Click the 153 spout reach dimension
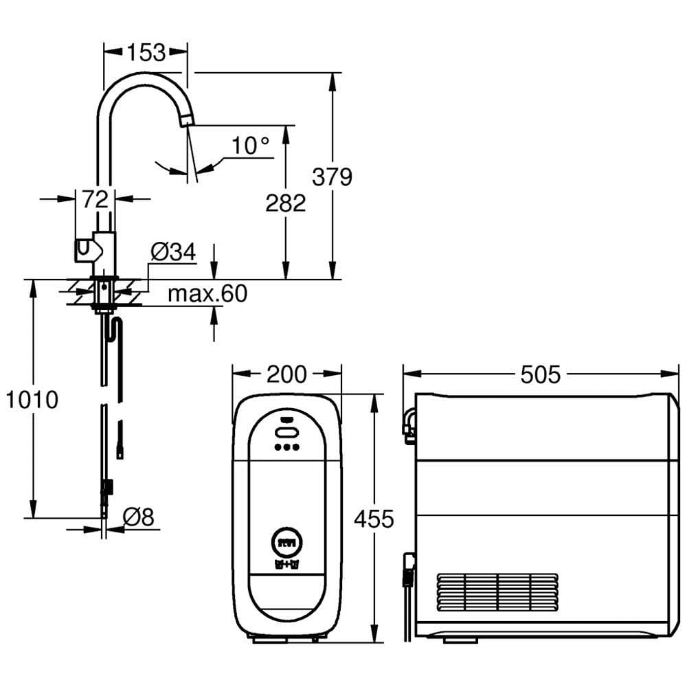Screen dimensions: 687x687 pyautogui.click(x=146, y=52)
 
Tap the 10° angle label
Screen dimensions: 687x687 pyautogui.click(x=250, y=146)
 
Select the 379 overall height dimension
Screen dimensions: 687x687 pyautogui.click(x=332, y=177)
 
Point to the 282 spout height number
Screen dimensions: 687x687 pyautogui.click(x=285, y=203)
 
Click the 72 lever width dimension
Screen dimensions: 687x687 pyautogui.click(x=95, y=199)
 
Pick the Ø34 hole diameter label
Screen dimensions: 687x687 pyautogui.click(x=172, y=253)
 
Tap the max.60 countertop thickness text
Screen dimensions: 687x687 pyautogui.click(x=207, y=294)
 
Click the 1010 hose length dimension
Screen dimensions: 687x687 pyautogui.click(x=32, y=399)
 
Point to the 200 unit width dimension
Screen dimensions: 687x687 pyautogui.click(x=286, y=374)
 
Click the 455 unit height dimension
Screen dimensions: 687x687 pyautogui.click(x=374, y=519)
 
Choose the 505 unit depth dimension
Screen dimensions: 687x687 pyautogui.click(x=541, y=374)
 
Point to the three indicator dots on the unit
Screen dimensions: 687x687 pyautogui.click(x=286, y=447)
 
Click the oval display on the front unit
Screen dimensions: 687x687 pyautogui.click(x=286, y=432)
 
